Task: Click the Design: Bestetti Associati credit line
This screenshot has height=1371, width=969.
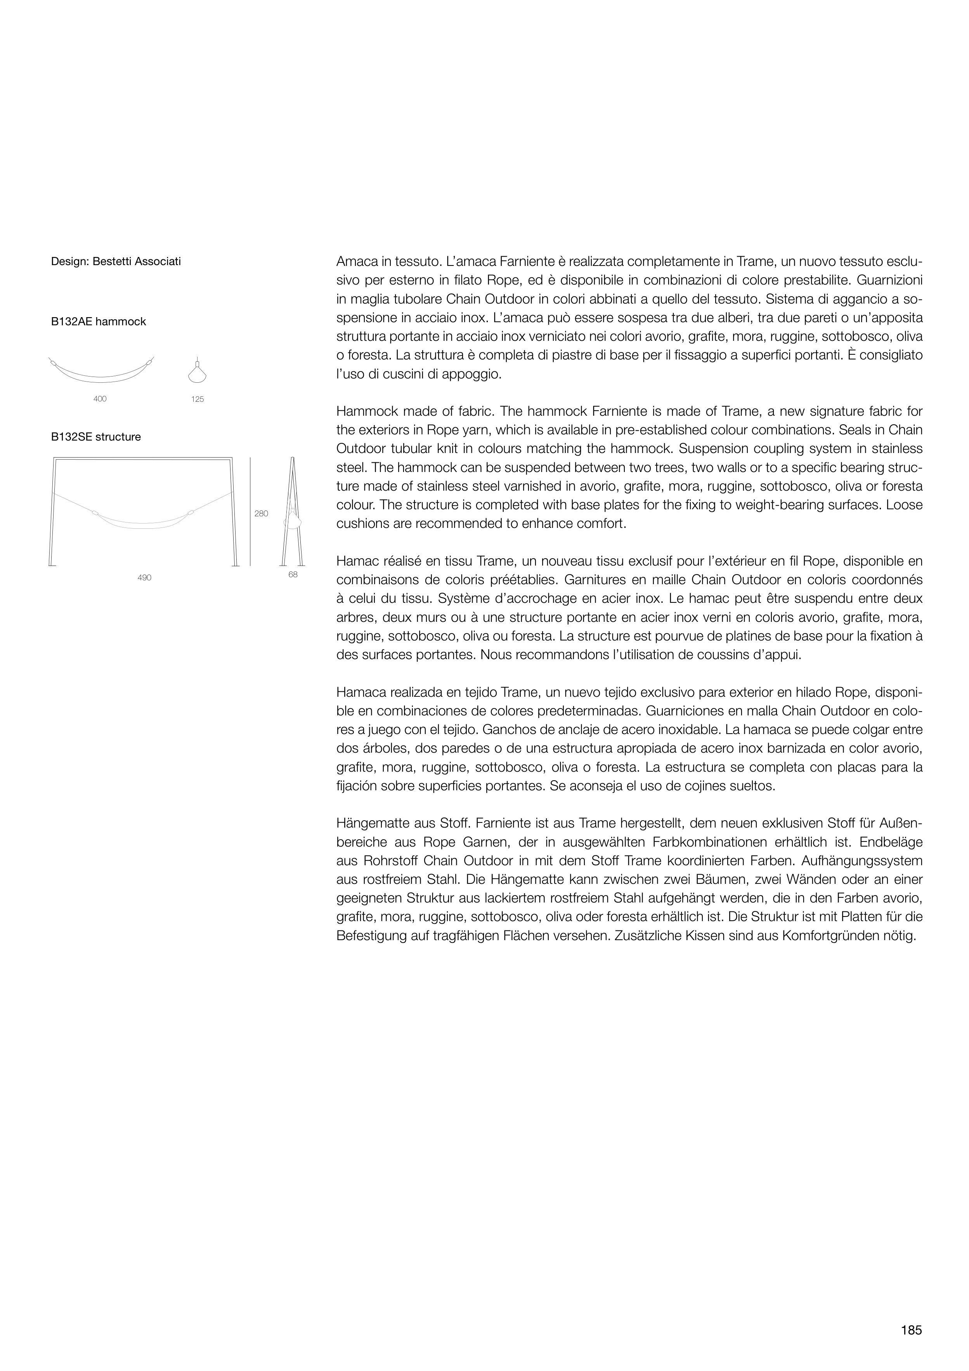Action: pyautogui.click(x=116, y=262)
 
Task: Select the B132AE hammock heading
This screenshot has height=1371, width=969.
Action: pyautogui.click(x=99, y=322)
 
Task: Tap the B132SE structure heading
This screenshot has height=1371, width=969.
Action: pyautogui.click(x=96, y=437)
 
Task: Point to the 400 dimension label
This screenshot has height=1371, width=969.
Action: pyautogui.click(x=100, y=399)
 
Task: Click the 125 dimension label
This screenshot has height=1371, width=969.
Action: pyautogui.click(x=198, y=399)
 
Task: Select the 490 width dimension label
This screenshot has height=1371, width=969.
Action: pyautogui.click(x=144, y=578)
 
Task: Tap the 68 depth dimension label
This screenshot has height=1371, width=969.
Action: pyautogui.click(x=293, y=575)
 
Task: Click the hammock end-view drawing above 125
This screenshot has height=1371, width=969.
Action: pyautogui.click(x=198, y=371)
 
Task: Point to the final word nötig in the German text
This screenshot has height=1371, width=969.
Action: pyautogui.click(x=898, y=936)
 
